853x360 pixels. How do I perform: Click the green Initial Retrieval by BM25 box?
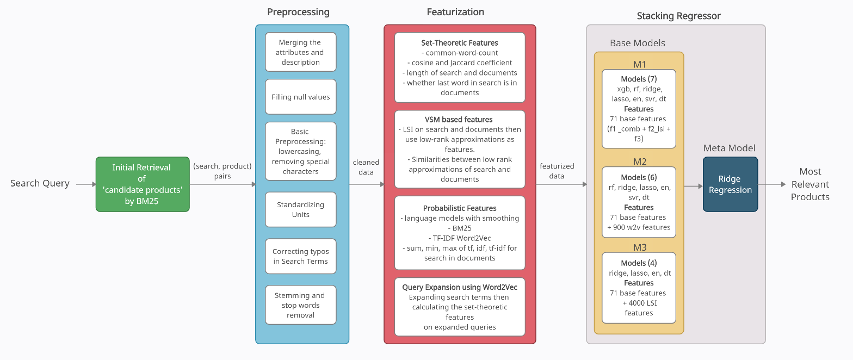[143, 184]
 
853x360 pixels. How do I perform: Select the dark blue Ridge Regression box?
[730, 184]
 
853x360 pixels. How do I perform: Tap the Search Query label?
[40, 183]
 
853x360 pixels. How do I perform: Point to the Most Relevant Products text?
[810, 184]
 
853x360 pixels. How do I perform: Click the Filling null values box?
[300, 97]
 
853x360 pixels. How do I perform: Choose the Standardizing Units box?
[300, 209]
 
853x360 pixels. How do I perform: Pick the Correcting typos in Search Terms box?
[300, 256]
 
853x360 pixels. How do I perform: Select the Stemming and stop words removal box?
[300, 305]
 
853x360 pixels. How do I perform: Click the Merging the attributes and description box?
[300, 52]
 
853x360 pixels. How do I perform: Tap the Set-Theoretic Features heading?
[459, 42]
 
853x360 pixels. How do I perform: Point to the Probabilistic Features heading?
[459, 208]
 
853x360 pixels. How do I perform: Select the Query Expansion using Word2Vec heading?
[459, 287]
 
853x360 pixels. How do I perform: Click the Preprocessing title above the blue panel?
[298, 12]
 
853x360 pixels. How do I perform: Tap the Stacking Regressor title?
[678, 16]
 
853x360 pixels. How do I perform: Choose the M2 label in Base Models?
[639, 162]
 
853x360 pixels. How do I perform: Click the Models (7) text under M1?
[639, 79]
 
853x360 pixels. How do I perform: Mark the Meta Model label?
[729, 148]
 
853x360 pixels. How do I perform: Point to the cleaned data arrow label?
[366, 167]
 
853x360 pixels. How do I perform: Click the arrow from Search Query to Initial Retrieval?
[86, 184]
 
